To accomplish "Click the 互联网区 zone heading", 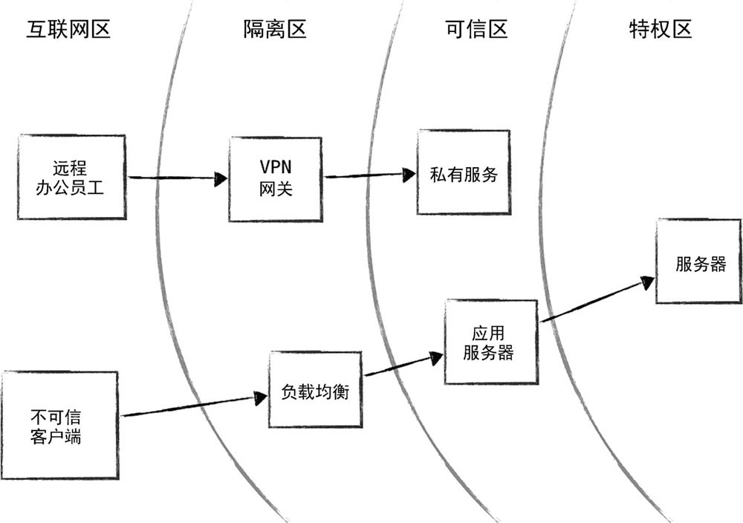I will point(68,30).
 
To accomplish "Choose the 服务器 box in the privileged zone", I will point(698,261).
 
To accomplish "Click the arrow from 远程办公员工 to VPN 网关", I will point(178,178).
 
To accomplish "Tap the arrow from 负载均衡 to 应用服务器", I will point(400,366).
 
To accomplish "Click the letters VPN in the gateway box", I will point(276,168).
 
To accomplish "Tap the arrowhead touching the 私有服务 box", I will point(408,174).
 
